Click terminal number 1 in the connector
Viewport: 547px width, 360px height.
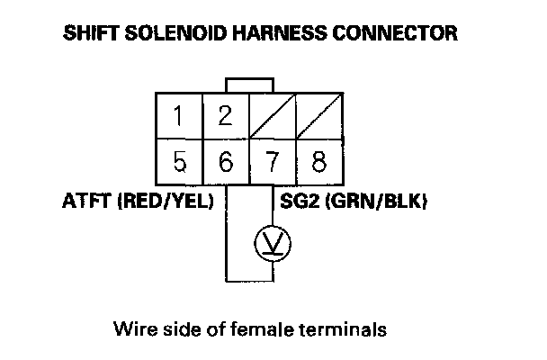[x=181, y=116]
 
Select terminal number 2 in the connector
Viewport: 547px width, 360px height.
[x=226, y=116]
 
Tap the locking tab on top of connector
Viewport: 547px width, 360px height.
[x=249, y=85]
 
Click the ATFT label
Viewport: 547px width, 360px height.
[x=86, y=202]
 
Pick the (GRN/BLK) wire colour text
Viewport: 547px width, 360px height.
[x=380, y=202]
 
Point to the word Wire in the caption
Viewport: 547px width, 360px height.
[x=132, y=328]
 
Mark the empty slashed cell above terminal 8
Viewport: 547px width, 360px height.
[x=318, y=116]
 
